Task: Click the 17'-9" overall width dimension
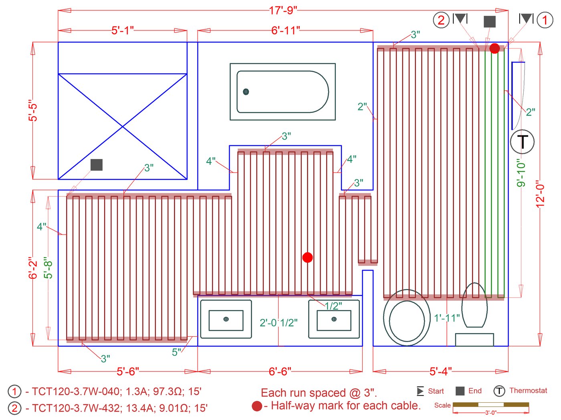(283, 10)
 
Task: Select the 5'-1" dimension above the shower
(123, 30)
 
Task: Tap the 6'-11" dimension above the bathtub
(285, 30)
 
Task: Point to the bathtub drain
(246, 92)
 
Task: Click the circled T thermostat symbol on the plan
(523, 142)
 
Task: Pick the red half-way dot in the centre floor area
(307, 257)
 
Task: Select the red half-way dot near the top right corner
(494, 48)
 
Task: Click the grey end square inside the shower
(97, 165)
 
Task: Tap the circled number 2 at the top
(441, 20)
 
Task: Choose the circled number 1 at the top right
(545, 20)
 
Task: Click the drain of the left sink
(226, 319)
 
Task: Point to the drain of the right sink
(334, 319)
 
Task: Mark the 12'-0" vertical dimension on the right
(540, 194)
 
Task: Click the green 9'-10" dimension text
(521, 173)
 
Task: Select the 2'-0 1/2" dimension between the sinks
(278, 323)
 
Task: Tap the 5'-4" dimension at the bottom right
(441, 372)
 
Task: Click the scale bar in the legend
(490, 405)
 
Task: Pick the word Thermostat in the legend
(528, 391)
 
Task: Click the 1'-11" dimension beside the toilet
(447, 318)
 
